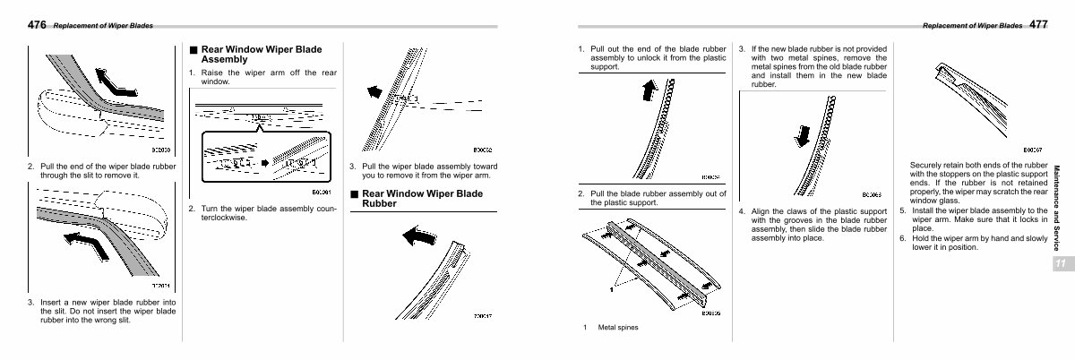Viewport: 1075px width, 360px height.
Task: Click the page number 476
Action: point(38,25)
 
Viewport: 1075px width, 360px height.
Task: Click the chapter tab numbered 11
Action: point(1059,264)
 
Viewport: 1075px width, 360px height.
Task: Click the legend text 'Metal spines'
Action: point(618,328)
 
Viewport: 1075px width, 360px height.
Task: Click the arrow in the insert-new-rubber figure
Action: point(88,242)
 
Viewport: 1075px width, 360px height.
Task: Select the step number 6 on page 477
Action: point(902,238)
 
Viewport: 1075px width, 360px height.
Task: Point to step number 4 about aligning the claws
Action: point(742,212)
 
